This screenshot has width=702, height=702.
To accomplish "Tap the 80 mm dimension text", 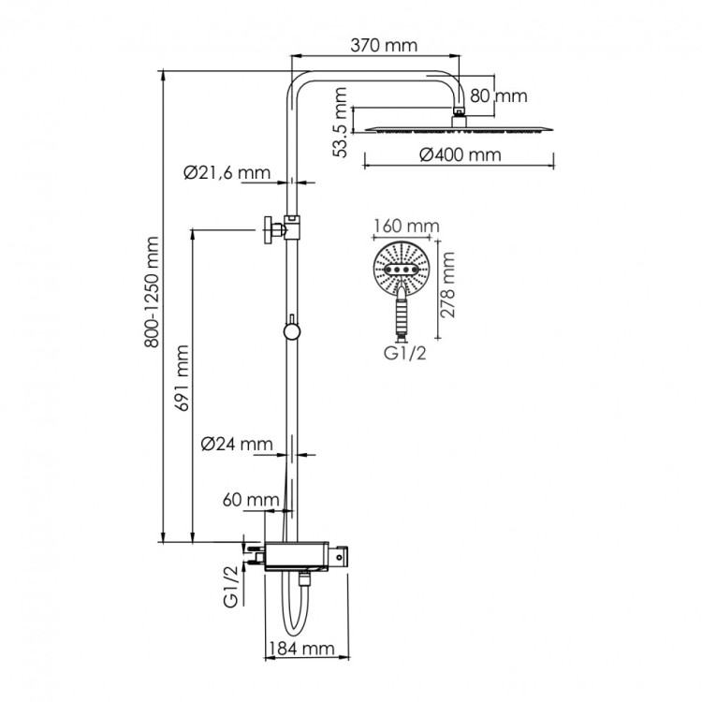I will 498,95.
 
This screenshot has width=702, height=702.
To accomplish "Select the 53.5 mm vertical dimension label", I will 342,122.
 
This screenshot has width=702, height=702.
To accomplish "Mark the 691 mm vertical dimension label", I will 183,378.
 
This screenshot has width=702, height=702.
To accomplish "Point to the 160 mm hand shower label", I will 405,227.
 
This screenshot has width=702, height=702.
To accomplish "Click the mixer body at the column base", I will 300,554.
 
